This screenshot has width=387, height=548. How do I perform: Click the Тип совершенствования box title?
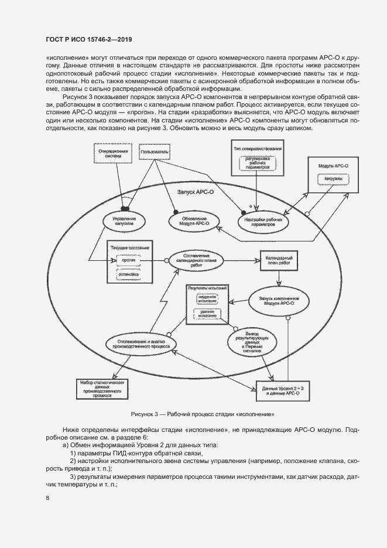click(x=258, y=148)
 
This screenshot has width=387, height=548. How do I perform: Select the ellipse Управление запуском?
click(x=124, y=220)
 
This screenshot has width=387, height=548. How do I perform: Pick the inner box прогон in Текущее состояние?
click(x=129, y=260)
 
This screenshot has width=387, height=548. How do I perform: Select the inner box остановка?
click(x=129, y=274)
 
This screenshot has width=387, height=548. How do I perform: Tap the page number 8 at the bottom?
click(x=47, y=498)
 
